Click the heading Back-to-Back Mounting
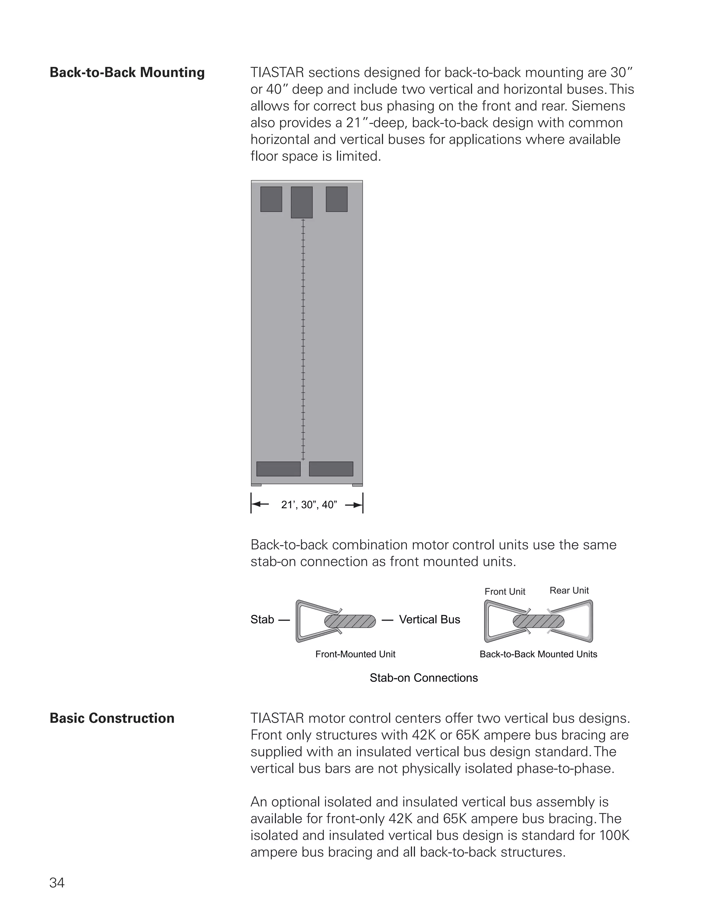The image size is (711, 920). pyautogui.click(x=127, y=73)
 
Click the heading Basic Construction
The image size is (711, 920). pyautogui.click(x=112, y=718)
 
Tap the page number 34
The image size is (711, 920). pyautogui.click(x=57, y=883)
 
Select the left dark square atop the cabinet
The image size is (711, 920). pyautogui.click(x=271, y=199)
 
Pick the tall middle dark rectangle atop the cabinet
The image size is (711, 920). pyautogui.click(x=302, y=202)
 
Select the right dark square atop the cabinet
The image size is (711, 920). pyautogui.click(x=336, y=199)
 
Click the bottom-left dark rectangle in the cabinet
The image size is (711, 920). pyautogui.click(x=278, y=469)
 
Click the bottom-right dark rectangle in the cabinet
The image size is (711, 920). pyautogui.click(x=331, y=469)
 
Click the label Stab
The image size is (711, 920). pyautogui.click(x=262, y=620)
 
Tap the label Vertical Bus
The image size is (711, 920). pyautogui.click(x=430, y=620)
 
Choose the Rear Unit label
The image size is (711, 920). pyautogui.click(x=569, y=591)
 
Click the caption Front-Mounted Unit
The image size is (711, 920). pyautogui.click(x=355, y=654)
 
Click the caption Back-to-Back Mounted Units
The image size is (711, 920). pyautogui.click(x=538, y=654)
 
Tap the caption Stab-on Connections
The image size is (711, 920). pyautogui.click(x=424, y=678)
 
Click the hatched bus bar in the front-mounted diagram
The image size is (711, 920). pyautogui.click(x=350, y=621)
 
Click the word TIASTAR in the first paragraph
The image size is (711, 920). pyautogui.click(x=277, y=73)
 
